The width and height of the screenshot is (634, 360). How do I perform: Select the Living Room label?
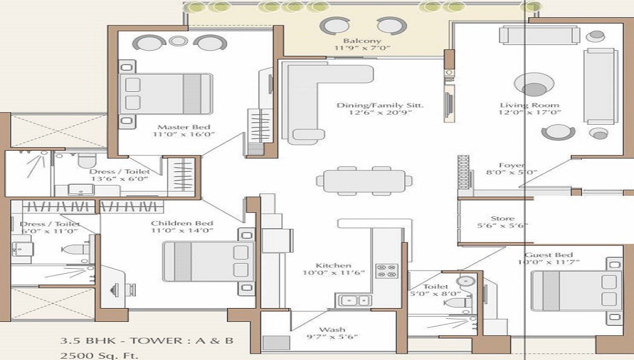tap(521, 105)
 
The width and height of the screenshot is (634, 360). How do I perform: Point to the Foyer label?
tap(511, 165)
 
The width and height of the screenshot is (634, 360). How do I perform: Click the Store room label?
tap(502, 219)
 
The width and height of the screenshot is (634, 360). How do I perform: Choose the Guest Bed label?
tap(548, 255)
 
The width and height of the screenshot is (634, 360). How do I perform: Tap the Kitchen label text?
tap(333, 266)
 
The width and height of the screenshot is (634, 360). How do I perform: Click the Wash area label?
tap(332, 330)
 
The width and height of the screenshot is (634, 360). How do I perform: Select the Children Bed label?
tap(182, 224)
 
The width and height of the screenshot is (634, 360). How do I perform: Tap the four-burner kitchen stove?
tap(386, 271)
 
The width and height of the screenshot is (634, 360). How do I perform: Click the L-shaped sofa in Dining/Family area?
tap(317, 95)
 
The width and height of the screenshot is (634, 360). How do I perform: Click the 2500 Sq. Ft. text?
tap(99, 355)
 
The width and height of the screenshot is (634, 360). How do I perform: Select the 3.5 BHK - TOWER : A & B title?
tap(146, 341)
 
